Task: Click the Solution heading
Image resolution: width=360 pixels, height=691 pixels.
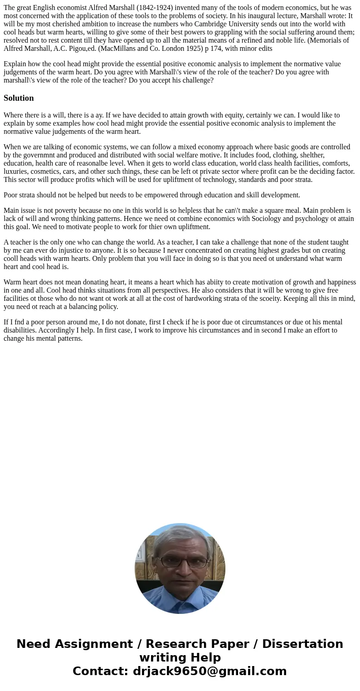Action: (x=19, y=98)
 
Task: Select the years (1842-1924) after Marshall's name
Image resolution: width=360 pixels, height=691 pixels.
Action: (x=155, y=8)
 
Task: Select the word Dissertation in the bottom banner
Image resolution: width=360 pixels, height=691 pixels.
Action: (x=302, y=644)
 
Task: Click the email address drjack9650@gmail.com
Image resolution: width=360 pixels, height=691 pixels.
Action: (x=209, y=671)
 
